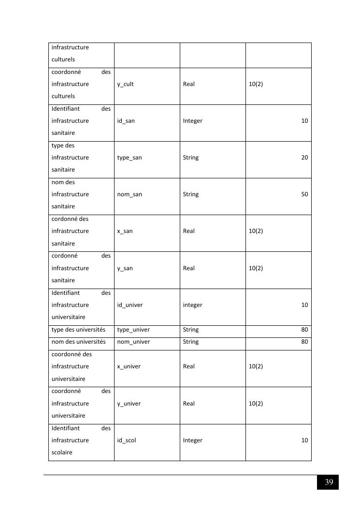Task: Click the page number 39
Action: click(x=329, y=482)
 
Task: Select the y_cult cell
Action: click(x=125, y=84)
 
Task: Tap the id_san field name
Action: click(x=126, y=121)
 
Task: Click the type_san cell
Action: click(x=130, y=158)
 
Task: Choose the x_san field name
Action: click(x=125, y=231)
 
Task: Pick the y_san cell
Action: click(x=125, y=268)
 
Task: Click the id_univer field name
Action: click(x=130, y=305)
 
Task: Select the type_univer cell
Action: click(x=133, y=330)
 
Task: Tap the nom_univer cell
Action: click(x=133, y=342)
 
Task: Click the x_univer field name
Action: click(x=129, y=366)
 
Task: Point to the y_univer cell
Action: click(x=129, y=404)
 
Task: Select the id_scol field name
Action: click(x=127, y=440)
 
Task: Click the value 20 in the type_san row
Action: click(x=304, y=158)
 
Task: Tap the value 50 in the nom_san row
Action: click(x=304, y=194)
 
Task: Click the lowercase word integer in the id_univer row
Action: click(x=192, y=305)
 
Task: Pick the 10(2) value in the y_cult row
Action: click(x=256, y=84)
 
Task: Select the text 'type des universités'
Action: click(x=78, y=330)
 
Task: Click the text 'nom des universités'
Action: click(x=78, y=342)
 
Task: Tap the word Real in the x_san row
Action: click(x=188, y=231)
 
